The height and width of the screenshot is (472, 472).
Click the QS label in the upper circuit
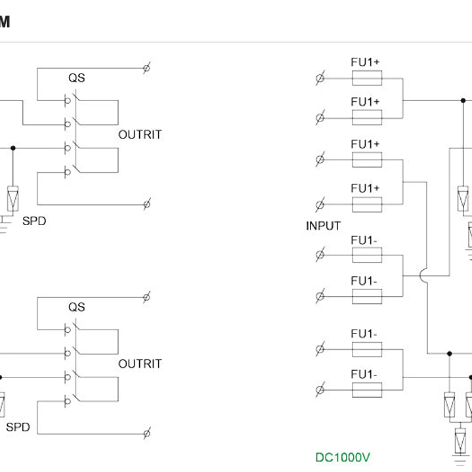click(76, 78)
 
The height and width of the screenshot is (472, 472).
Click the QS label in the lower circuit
click(76, 307)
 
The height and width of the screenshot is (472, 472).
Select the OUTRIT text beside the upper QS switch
click(140, 135)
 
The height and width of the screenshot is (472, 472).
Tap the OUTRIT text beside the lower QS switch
click(140, 364)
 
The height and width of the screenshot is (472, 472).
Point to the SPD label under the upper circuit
click(34, 221)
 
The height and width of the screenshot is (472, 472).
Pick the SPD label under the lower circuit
click(18, 427)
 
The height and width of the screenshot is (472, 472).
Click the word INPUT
click(323, 226)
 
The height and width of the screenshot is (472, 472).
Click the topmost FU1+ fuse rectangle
click(367, 79)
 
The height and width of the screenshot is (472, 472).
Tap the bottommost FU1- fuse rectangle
click(367, 390)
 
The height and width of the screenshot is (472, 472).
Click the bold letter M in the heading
click(5, 22)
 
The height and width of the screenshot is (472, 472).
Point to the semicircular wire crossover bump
click(423, 279)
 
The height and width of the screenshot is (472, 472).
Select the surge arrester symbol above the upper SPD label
click(12, 197)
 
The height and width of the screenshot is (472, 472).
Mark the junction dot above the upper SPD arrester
click(12, 148)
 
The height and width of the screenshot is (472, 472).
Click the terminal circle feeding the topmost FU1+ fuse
click(320, 79)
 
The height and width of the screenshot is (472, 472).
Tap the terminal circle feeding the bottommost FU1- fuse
click(320, 390)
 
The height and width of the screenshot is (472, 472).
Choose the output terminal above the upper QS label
click(147, 68)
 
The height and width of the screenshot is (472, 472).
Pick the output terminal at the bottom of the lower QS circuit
click(147, 433)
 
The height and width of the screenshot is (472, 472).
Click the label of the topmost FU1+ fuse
click(365, 62)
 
